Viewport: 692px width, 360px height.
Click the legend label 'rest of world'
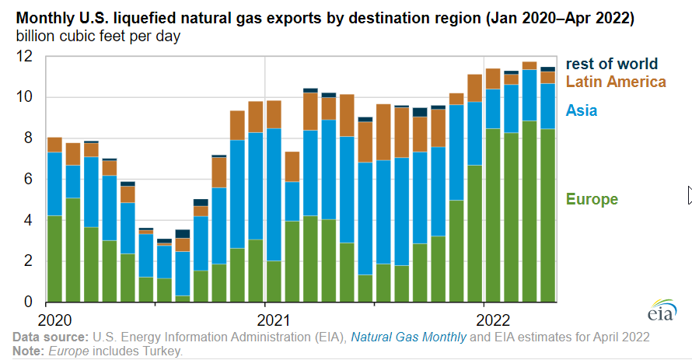coord(611,64)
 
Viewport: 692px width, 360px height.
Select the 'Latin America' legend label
coord(616,82)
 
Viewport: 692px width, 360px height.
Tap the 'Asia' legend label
coord(582,110)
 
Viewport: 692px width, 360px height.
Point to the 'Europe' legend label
coord(592,200)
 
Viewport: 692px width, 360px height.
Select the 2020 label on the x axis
coord(54,319)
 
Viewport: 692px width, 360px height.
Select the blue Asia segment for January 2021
coord(274,194)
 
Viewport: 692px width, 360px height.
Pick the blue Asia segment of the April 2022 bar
coord(547,106)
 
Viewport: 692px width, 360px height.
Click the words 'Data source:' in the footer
coord(50,337)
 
